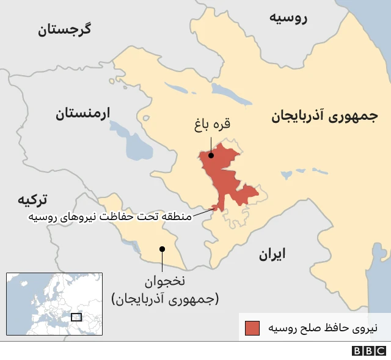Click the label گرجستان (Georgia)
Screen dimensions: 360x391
(x=65, y=29)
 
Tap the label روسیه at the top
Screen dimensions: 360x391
(x=288, y=17)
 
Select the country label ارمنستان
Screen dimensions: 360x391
(x=82, y=113)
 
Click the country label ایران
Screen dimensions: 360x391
(x=272, y=254)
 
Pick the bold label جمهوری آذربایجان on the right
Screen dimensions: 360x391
(x=324, y=116)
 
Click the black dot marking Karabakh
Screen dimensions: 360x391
(x=211, y=155)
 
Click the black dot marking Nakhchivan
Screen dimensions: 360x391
(x=162, y=249)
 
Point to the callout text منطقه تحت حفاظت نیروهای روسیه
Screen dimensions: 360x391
(x=109, y=216)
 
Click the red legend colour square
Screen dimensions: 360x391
(x=252, y=328)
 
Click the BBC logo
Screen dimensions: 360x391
(x=369, y=351)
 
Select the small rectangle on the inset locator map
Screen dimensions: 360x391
(x=76, y=317)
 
